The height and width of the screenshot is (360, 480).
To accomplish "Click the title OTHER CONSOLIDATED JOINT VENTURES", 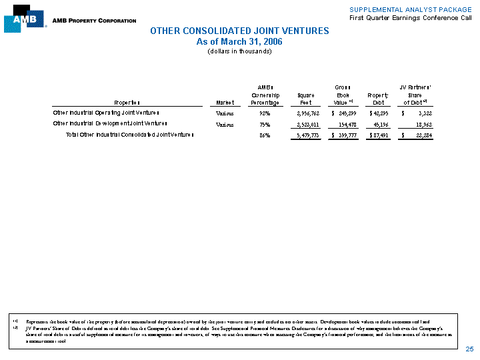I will tap(239, 31).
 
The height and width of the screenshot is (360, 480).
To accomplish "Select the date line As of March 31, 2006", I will tap(239, 41).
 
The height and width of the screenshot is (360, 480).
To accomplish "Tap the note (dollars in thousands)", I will tap(239, 51).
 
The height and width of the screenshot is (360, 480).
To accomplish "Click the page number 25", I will tap(469, 349).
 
